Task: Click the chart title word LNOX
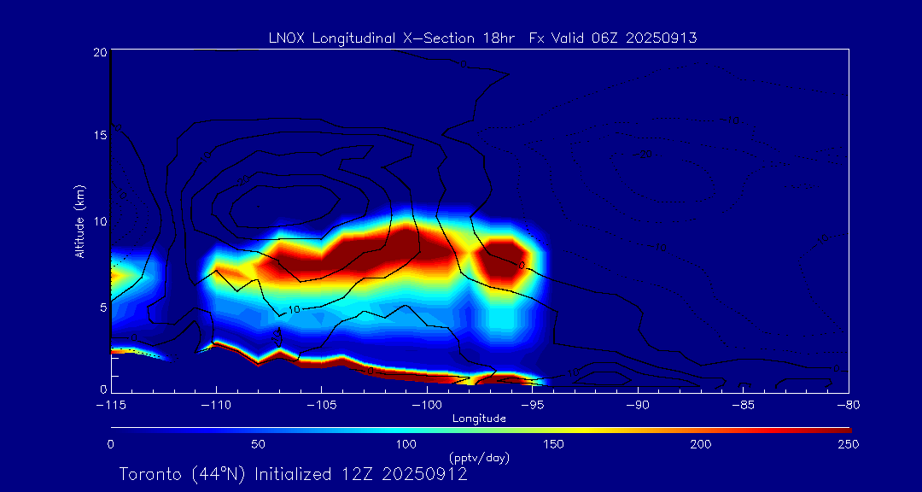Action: pos(283,38)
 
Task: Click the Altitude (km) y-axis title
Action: pos(80,221)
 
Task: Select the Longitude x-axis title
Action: pos(479,418)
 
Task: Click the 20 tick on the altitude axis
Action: pos(99,52)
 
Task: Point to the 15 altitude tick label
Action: pos(99,137)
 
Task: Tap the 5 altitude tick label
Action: pos(102,306)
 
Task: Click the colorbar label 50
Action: pos(259,444)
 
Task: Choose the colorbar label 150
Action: pos(554,444)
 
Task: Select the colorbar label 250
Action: pos(849,444)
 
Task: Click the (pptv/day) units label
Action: pos(479,458)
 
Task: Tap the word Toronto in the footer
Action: pos(149,474)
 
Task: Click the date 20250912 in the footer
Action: pos(424,474)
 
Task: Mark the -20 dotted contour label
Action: pos(645,154)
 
